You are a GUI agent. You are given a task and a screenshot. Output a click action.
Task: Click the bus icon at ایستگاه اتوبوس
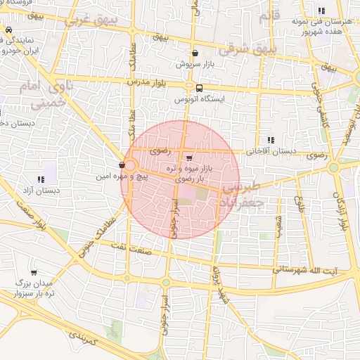click(200, 88)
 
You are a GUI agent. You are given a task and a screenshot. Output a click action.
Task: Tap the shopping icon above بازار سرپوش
click(195, 53)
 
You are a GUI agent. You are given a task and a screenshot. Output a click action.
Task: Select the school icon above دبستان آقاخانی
click(271, 140)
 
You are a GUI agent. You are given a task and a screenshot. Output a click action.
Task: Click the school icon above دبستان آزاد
click(41, 179)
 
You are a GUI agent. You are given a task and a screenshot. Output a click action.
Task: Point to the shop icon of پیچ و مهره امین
click(123, 165)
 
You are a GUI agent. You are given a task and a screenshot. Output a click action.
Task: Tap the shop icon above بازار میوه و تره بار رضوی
click(188, 157)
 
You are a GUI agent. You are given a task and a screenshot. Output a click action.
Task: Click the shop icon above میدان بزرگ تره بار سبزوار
click(34, 272)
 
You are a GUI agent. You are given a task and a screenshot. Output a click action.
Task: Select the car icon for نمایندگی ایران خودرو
click(8, 31)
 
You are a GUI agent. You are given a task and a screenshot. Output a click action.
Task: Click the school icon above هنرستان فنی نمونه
click(321, 11)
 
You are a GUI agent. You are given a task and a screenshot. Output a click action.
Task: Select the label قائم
click(269, 16)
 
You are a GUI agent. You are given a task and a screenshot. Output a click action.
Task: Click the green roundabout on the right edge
click(333, 168)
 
